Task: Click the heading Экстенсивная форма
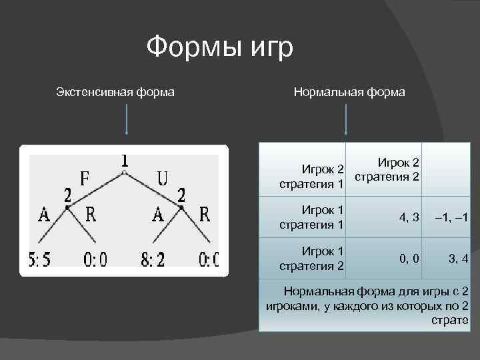115,92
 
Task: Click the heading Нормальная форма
349,92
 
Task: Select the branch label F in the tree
85,179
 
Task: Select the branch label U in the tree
162,179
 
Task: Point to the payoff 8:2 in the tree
153,259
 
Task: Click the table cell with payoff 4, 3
409,217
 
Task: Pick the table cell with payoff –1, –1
451,217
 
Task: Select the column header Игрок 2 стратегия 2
387,169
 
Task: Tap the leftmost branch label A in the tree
45,214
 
